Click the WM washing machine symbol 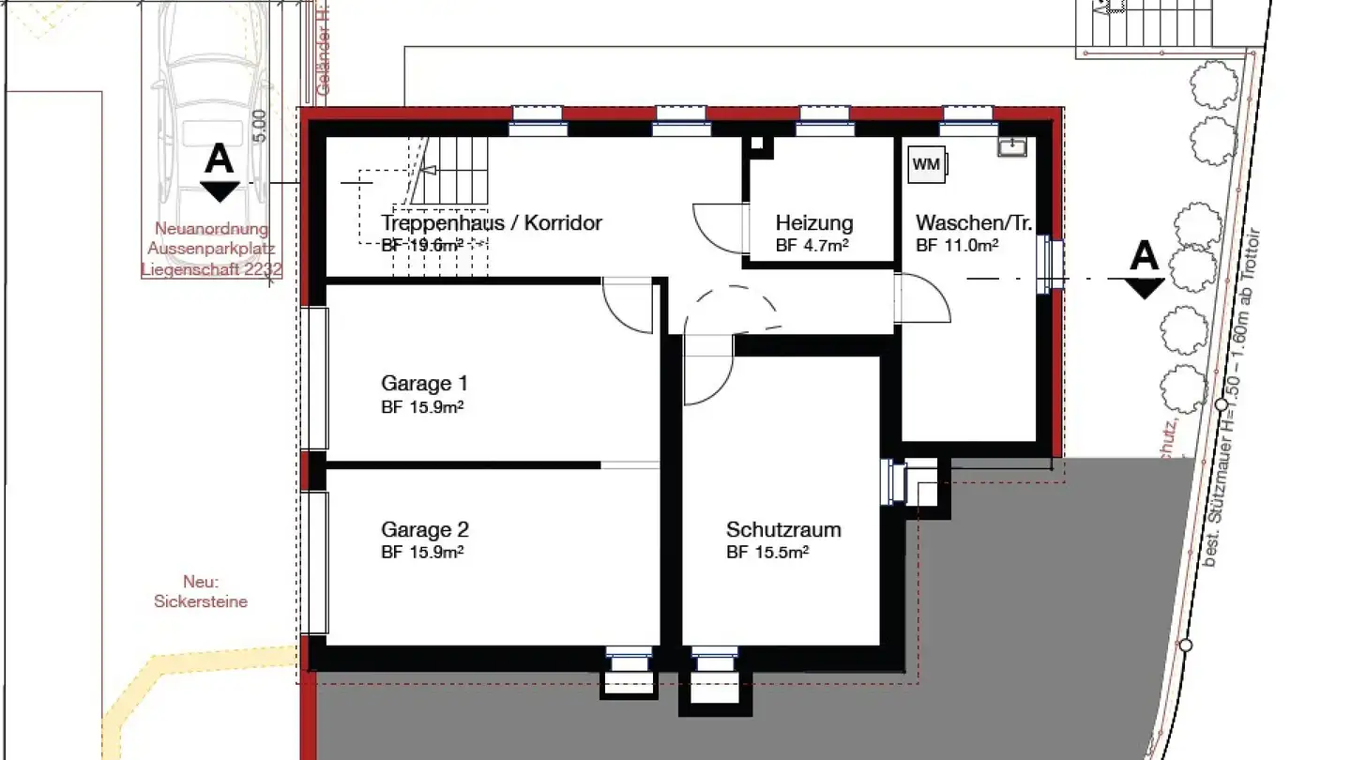(x=927, y=164)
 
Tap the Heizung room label (x=814, y=223)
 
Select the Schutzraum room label (x=783, y=529)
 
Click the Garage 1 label (x=424, y=383)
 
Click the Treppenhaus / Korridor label (x=491, y=223)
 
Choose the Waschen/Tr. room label (x=974, y=223)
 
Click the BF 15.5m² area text (x=767, y=553)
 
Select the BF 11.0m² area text (x=956, y=246)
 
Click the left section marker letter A (x=220, y=160)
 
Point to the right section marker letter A (x=1144, y=255)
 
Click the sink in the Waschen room (x=1011, y=146)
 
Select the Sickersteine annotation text (x=201, y=601)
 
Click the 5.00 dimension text (x=260, y=126)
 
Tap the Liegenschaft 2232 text (x=212, y=269)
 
